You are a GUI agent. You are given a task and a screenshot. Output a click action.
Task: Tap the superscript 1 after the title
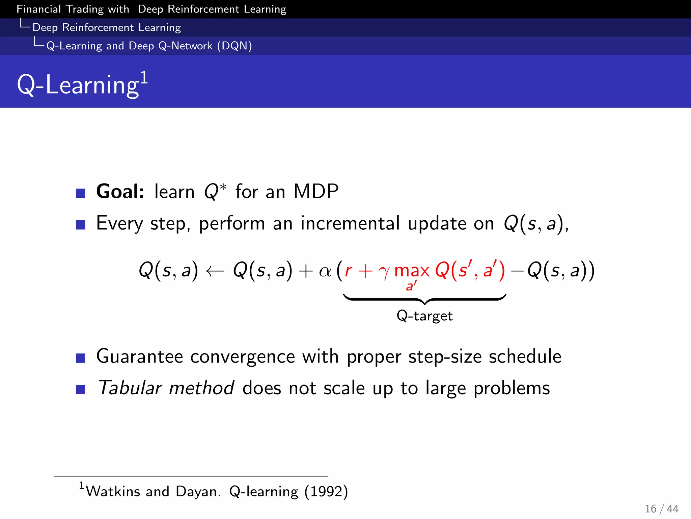tap(144, 78)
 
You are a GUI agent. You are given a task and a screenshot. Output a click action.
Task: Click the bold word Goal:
tap(120, 191)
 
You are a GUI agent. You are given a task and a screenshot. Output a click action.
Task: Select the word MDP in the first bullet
tap(316, 191)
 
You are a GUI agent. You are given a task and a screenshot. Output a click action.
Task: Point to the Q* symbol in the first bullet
tap(215, 191)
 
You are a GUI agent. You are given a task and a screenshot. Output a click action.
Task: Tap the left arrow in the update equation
tap(215, 271)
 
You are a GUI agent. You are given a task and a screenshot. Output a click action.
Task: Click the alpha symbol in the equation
tap(325, 271)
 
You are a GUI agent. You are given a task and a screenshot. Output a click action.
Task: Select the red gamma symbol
tap(384, 272)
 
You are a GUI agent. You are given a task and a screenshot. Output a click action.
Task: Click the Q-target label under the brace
tap(424, 316)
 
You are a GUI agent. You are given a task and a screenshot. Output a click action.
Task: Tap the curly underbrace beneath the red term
tap(424, 299)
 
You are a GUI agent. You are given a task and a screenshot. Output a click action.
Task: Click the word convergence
tap(242, 357)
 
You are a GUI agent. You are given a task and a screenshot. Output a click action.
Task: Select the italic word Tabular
tap(130, 388)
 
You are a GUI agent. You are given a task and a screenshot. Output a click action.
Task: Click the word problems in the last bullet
tap(512, 388)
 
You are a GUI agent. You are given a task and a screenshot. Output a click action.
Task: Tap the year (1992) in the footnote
tap(326, 491)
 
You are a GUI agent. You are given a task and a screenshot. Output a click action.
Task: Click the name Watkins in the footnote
tap(113, 491)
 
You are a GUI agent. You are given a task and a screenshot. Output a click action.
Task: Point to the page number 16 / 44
tap(661, 509)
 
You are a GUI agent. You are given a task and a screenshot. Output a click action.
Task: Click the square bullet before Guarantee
tap(81, 358)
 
